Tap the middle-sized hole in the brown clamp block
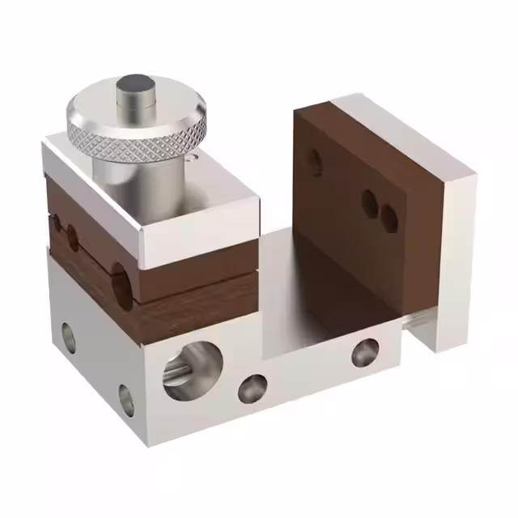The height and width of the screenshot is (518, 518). coord(74,237)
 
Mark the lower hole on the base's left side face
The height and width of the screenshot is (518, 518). coord(126,398)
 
